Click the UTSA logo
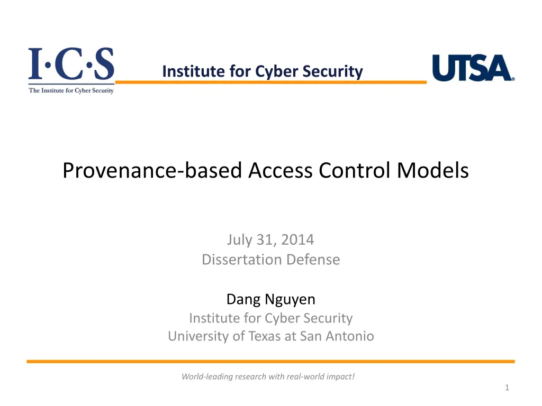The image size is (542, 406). (x=473, y=68)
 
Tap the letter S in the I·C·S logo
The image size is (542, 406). (x=104, y=63)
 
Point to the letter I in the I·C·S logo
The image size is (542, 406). (x=35, y=63)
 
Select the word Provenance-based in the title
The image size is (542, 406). (x=152, y=171)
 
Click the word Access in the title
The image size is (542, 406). (x=281, y=171)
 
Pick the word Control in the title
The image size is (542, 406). (x=355, y=171)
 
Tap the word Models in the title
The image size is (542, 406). (x=433, y=171)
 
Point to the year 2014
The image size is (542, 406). (x=297, y=239)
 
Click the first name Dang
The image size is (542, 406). (x=243, y=300)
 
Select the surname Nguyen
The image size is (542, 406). (x=290, y=300)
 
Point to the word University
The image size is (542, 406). (x=198, y=336)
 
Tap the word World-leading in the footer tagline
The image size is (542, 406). (x=207, y=376)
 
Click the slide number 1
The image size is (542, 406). (x=507, y=387)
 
